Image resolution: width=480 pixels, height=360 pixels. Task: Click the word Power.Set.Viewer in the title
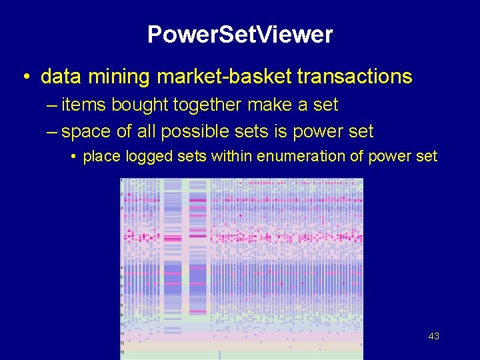(239, 35)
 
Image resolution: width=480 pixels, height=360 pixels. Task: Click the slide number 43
(433, 337)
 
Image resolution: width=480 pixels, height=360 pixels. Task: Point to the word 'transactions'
(355, 77)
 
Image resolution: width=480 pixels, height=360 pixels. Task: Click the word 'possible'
(220, 131)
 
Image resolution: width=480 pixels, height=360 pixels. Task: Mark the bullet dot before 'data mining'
(25, 77)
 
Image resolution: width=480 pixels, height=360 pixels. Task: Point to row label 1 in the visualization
(121, 181)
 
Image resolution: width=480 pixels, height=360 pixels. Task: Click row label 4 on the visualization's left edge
(121, 267)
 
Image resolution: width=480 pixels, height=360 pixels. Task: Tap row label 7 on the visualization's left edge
(121, 295)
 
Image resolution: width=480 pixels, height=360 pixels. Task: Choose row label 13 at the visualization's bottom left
(121, 351)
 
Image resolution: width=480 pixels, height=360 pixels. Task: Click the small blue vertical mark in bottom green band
(219, 354)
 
